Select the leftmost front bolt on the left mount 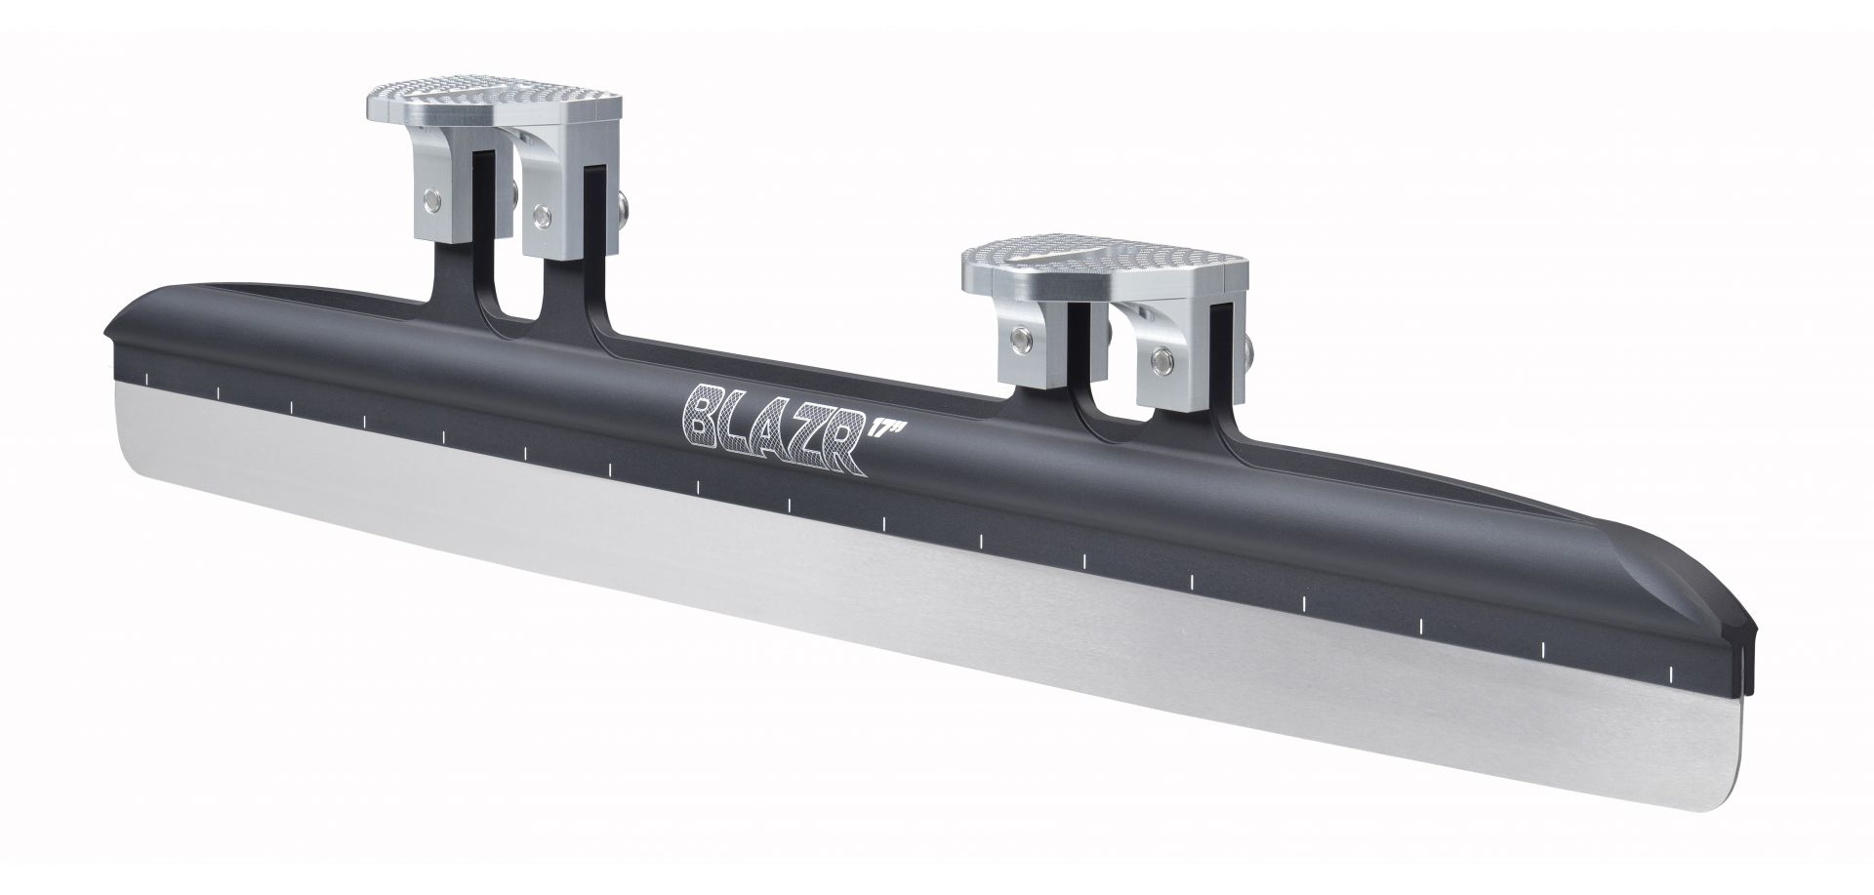428,202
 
